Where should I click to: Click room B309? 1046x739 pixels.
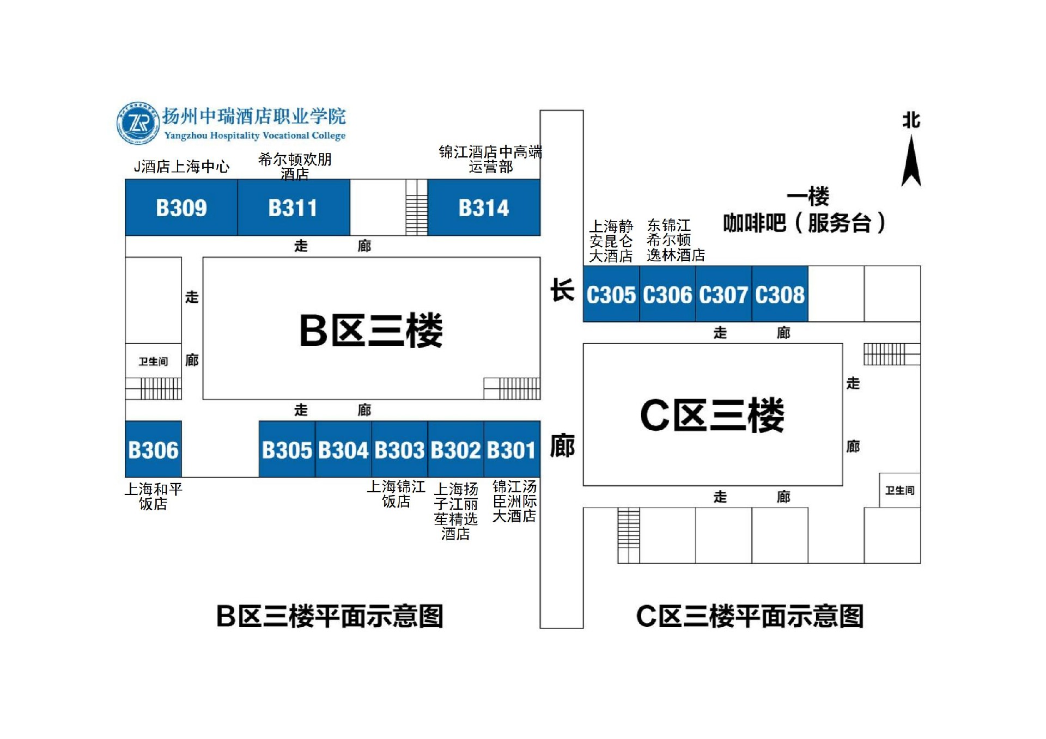pos(181,207)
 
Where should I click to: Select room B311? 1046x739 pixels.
pos(293,207)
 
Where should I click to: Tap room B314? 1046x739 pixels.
pos(484,207)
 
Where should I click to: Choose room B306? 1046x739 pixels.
pos(153,450)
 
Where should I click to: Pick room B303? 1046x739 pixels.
pos(399,450)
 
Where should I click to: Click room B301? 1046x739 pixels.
pos(512,450)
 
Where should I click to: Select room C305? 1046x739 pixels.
pos(611,295)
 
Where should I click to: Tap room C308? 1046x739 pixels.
pos(780,295)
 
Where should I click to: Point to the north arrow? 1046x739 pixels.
pos(911,161)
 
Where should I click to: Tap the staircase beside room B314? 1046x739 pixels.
pos(417,207)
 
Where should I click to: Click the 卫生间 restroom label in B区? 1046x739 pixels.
pos(153,362)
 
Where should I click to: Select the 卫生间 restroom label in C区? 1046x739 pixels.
pos(899,491)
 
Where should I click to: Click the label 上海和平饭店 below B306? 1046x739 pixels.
pos(153,496)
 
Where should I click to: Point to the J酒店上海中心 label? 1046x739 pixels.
pos(181,167)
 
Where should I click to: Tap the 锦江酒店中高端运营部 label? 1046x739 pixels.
pos(490,159)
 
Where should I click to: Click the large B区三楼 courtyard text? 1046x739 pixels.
pos(371,330)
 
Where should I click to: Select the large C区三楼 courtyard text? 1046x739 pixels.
pos(712,415)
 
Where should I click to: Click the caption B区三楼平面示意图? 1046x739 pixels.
pos(330,616)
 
